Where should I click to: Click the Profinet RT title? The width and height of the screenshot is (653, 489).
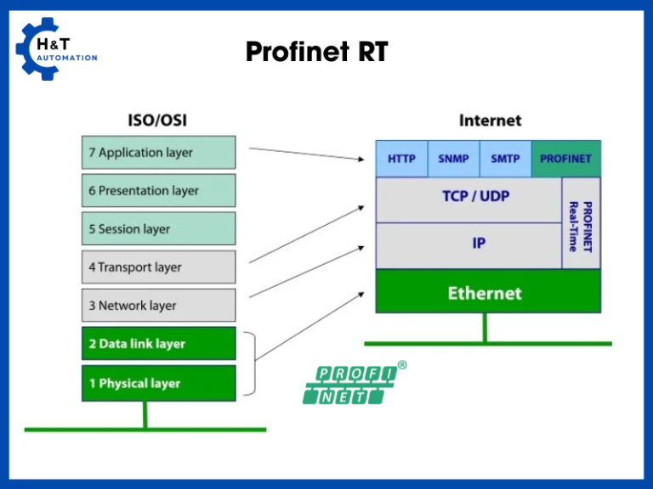tap(316, 53)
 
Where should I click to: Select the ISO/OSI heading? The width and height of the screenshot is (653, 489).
tap(157, 121)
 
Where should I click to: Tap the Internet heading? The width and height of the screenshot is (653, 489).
tap(490, 121)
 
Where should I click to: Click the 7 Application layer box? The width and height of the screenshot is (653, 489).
tap(158, 153)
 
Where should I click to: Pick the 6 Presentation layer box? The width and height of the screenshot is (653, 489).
tap(158, 191)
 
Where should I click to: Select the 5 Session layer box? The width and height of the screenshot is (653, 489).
tap(158, 229)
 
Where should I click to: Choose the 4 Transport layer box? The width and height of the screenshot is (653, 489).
tap(158, 267)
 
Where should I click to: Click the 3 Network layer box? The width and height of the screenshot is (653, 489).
tap(158, 306)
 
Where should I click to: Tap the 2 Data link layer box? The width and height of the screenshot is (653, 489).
tap(158, 344)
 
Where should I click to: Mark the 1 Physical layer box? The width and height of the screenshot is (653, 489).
tap(158, 383)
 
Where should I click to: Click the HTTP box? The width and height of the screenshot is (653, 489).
tap(401, 159)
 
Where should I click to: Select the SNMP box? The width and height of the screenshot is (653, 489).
tap(453, 159)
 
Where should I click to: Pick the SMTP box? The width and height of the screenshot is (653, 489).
tap(505, 159)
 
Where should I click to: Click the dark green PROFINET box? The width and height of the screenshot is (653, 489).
tap(565, 159)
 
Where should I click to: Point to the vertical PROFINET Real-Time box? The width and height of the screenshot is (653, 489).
tap(581, 223)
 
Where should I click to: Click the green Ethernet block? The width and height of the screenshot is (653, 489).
tap(487, 293)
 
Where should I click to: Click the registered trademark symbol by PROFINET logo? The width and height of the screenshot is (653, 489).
tap(402, 366)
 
